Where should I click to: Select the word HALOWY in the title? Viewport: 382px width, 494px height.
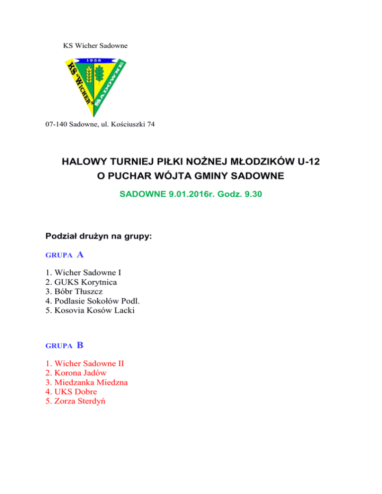click(x=83, y=162)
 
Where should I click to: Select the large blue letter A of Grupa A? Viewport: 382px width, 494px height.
click(x=80, y=255)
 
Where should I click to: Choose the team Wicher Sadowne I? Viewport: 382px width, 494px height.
click(x=88, y=272)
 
